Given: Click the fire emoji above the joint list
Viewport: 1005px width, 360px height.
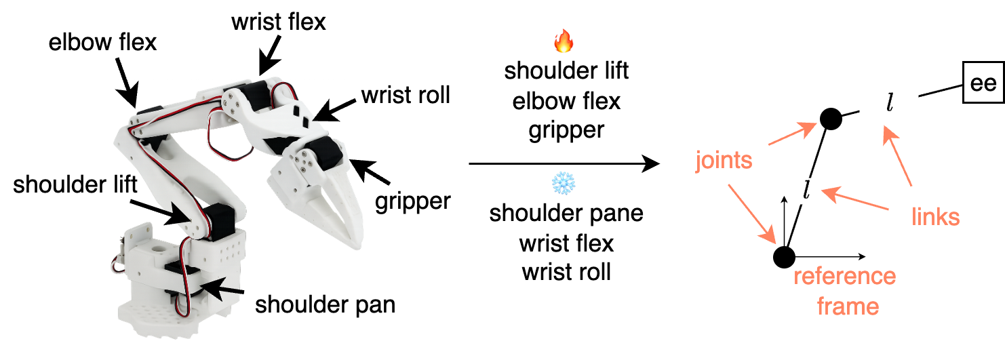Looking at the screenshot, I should tap(564, 43).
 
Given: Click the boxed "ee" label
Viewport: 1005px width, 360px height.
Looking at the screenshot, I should tap(981, 84).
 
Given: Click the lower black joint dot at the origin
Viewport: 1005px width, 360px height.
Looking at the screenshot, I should tap(784, 257).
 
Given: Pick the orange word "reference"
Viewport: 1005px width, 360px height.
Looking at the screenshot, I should tap(844, 277).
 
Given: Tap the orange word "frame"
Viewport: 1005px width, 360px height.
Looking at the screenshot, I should tap(848, 306).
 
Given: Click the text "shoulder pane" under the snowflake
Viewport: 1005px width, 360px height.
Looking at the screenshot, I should tap(566, 214).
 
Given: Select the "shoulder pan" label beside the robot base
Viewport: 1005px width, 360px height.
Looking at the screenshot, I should tap(325, 304).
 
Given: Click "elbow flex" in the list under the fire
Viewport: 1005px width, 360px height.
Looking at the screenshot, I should tap(566, 101).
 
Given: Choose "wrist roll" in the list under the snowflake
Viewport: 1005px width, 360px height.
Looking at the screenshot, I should tap(566, 271).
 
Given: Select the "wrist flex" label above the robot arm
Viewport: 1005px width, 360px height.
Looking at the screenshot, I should tap(278, 22).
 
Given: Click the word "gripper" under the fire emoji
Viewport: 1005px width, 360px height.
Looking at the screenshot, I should tap(566, 129).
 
